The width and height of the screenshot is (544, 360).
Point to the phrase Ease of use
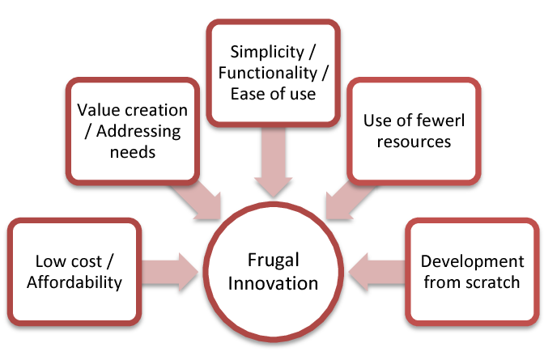272,94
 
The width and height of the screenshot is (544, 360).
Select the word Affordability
74,282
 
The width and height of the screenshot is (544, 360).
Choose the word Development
473,261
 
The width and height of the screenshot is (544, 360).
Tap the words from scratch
473,282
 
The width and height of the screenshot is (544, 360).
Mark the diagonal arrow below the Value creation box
199,197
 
